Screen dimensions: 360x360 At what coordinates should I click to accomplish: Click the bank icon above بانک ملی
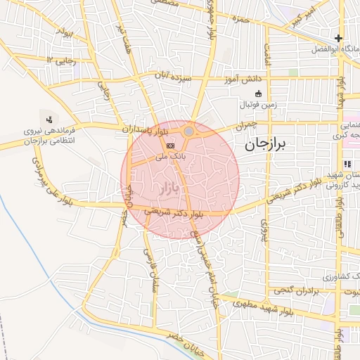coord(169,145)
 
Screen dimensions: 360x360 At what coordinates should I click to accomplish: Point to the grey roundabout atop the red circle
coord(189,131)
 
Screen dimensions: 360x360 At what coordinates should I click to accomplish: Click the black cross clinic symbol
coord(339,39)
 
